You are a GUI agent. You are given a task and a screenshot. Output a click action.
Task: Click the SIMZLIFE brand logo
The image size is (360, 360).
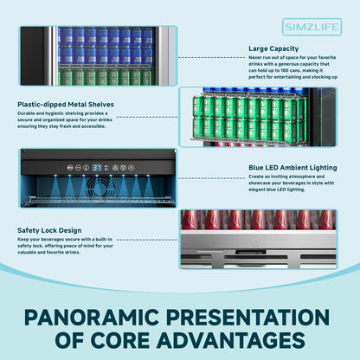(312, 27)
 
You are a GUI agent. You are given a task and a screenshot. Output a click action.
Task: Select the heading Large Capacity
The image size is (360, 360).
(273, 48)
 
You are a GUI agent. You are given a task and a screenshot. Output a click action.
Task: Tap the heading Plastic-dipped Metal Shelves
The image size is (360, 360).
(66, 105)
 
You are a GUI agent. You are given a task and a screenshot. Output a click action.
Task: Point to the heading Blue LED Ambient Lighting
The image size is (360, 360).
(292, 168)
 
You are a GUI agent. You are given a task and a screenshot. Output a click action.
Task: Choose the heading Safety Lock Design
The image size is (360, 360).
(49, 230)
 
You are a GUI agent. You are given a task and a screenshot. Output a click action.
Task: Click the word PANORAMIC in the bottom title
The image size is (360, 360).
(92, 318)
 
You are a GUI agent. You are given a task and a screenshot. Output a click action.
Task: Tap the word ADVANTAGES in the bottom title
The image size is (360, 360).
(231, 340)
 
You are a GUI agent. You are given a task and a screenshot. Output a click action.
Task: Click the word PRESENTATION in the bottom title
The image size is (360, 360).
(247, 318)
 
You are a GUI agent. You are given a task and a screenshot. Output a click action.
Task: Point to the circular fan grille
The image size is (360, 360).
(100, 187)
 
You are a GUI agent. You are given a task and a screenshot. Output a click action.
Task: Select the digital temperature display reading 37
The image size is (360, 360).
(97, 167)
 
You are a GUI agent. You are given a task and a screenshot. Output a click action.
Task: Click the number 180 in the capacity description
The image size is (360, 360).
(285, 70)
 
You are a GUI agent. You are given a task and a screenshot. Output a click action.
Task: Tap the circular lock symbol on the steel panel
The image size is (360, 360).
(255, 241)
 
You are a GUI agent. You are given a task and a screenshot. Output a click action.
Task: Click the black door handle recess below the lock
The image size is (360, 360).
(250, 253)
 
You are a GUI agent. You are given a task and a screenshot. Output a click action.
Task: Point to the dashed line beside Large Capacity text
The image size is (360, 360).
(212, 58)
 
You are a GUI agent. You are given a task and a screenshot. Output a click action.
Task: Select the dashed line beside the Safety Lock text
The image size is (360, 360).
(147, 240)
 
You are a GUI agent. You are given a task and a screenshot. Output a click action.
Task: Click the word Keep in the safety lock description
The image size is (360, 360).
(22, 240)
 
